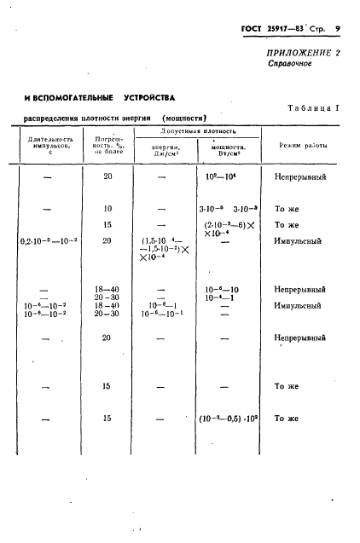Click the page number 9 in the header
(x=338, y=29)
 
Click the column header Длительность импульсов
(x=49, y=145)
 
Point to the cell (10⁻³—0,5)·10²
(x=229, y=419)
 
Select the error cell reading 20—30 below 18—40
(x=107, y=297)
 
